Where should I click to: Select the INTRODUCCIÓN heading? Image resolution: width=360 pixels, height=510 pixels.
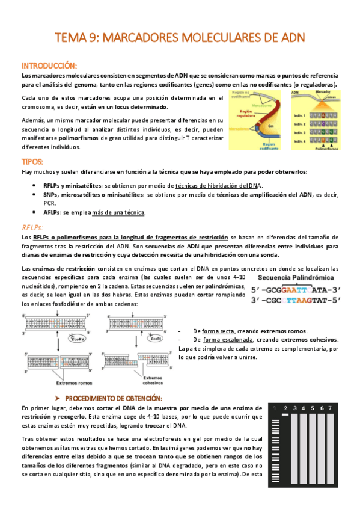[49, 65]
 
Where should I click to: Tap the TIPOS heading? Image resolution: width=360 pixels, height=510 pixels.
[32, 162]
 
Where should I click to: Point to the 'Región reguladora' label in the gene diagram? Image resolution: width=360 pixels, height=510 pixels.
[245, 114]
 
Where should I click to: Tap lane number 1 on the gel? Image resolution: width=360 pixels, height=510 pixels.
[275, 409]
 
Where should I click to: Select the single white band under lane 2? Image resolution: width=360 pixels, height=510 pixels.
[286, 415]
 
